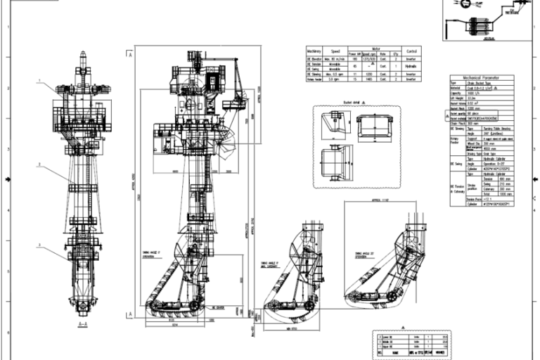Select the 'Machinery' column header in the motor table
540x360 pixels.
pyautogui.click(x=314, y=51)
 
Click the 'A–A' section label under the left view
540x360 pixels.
pyautogui.click(x=82, y=324)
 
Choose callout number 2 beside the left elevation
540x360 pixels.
pyautogui.click(x=40, y=165)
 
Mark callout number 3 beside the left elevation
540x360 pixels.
pyautogui.click(x=40, y=245)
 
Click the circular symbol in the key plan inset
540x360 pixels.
pyautogui.click(x=464, y=6)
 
